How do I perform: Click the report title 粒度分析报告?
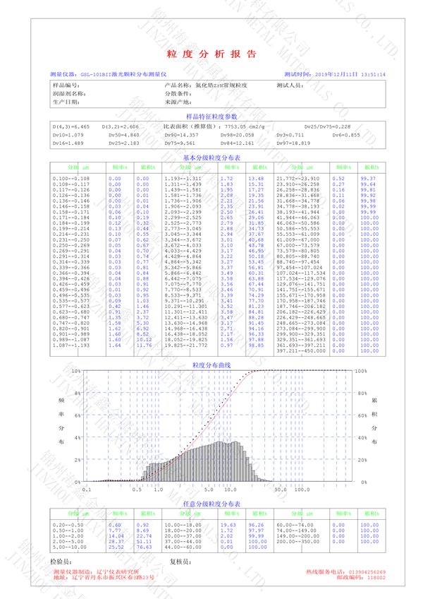(x=211, y=54)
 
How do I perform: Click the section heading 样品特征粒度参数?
(x=211, y=116)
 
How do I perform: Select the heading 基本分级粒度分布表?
(x=211, y=158)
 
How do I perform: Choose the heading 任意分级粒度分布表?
(x=211, y=504)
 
